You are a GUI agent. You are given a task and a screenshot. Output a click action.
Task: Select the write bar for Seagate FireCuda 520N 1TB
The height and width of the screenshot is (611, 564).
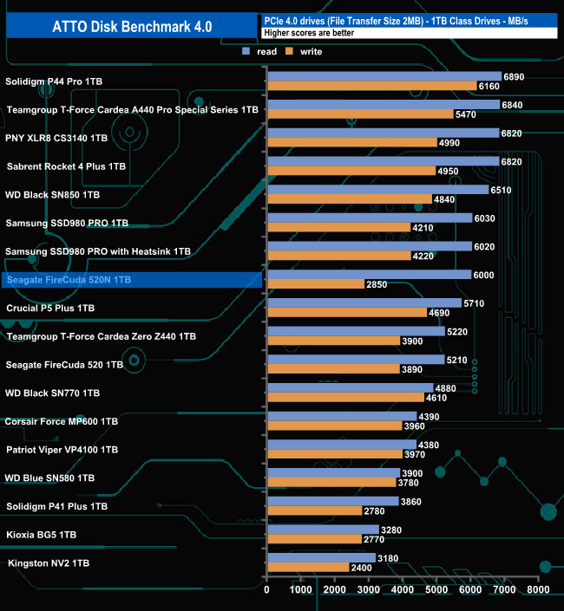pos(316,284)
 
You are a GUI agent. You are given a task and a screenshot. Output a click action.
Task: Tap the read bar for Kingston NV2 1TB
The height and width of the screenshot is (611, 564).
pos(321,557)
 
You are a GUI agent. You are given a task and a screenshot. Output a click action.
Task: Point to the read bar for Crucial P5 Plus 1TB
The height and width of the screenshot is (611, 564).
pos(364,302)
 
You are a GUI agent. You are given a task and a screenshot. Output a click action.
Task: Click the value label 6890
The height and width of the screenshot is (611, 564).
pos(515,76)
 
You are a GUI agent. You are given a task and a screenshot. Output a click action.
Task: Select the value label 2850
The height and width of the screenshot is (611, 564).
pos(379,284)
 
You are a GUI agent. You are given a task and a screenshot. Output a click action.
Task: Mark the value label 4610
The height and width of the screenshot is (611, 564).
pos(438,397)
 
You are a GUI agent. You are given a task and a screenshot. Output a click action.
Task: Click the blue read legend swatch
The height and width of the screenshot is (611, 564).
pos(247,52)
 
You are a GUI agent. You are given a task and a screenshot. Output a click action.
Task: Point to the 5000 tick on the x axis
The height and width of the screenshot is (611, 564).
pos(436,590)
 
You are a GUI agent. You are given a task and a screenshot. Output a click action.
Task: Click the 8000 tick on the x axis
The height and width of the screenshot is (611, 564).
pos(538,590)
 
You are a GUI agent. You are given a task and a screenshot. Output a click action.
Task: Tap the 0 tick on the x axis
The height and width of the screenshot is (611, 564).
pos(267,590)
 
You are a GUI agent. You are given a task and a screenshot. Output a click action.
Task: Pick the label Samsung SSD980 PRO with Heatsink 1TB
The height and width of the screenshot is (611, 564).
pos(97,251)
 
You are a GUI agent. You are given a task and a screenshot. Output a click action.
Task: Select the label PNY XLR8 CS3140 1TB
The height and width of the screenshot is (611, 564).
pos(56,138)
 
